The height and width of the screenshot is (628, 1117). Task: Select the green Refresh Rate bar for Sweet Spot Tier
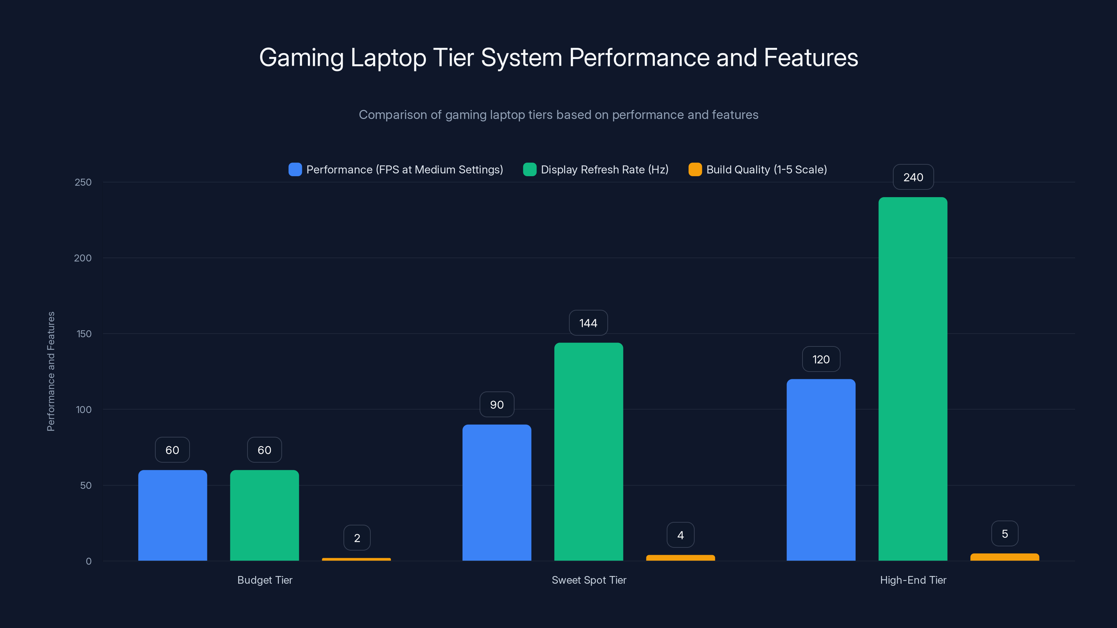589,451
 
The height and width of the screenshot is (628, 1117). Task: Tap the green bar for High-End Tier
913,379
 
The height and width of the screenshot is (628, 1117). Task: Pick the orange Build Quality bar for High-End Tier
1005,557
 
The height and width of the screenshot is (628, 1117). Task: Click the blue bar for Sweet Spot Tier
496,492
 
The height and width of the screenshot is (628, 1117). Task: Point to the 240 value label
913,177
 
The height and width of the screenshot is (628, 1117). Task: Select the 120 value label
821,359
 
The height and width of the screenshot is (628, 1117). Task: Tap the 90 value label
496,404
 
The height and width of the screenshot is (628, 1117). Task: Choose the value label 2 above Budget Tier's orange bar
357,538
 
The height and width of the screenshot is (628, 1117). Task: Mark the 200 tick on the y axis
83,258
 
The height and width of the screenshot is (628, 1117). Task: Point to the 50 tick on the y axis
86,485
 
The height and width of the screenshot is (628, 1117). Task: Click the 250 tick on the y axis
83,182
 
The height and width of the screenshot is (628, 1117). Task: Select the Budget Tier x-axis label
265,580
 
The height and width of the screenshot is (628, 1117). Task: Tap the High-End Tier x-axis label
913,580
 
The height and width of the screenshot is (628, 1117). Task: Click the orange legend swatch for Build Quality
695,170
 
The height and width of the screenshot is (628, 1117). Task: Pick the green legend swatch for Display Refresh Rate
530,170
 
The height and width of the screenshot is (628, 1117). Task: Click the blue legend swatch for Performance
295,170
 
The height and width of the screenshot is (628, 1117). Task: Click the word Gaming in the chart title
301,58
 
